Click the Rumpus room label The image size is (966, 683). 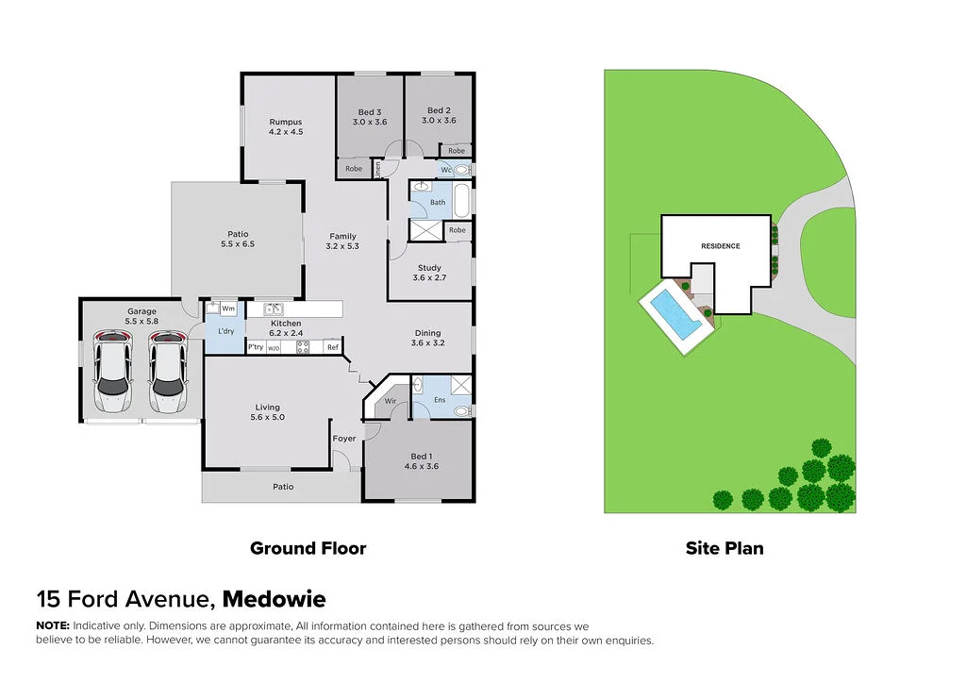tap(285, 122)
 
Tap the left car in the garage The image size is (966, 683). tap(113, 371)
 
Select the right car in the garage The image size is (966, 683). tap(167, 371)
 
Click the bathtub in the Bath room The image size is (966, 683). tap(461, 200)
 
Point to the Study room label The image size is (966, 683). tap(429, 268)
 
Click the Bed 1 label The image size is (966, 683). tap(422, 456)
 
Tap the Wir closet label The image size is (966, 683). tap(390, 401)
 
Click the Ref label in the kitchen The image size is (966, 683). tap(332, 347)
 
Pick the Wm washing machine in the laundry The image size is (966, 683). tap(228, 308)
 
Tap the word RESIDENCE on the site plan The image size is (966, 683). tap(720, 246)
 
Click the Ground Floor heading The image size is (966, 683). tap(308, 548)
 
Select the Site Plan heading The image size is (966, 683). tap(724, 548)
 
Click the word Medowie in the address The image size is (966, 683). tap(275, 600)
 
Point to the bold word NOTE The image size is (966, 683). tap(52, 626)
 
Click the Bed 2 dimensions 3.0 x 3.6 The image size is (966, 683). tap(439, 121)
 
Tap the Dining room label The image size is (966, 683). tap(427, 332)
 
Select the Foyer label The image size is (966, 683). tap(343, 439)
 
